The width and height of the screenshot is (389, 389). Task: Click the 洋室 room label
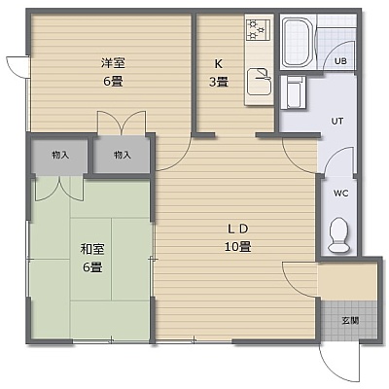[113, 63]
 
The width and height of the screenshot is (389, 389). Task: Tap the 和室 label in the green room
[92, 249]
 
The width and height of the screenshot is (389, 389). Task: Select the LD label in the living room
[237, 230]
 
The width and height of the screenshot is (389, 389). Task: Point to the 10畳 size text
[237, 247]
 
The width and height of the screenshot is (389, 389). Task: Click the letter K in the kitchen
[219, 64]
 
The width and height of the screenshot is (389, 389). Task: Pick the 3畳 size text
[219, 82]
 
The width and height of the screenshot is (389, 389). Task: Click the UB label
[340, 61]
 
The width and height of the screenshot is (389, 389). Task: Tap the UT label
[337, 122]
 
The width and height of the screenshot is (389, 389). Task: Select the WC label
[341, 194]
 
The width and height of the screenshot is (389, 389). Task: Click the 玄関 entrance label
[350, 321]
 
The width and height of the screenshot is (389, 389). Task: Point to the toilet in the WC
[339, 234]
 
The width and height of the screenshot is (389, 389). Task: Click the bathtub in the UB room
[297, 42]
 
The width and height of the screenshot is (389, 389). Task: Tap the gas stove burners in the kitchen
[258, 30]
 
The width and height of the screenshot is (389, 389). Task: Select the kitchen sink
[259, 82]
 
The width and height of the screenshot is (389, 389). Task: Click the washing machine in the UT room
[293, 92]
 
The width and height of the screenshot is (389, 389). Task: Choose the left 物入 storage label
[60, 156]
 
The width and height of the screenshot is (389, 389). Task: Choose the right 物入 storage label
[123, 156]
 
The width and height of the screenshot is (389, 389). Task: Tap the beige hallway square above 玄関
[347, 281]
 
